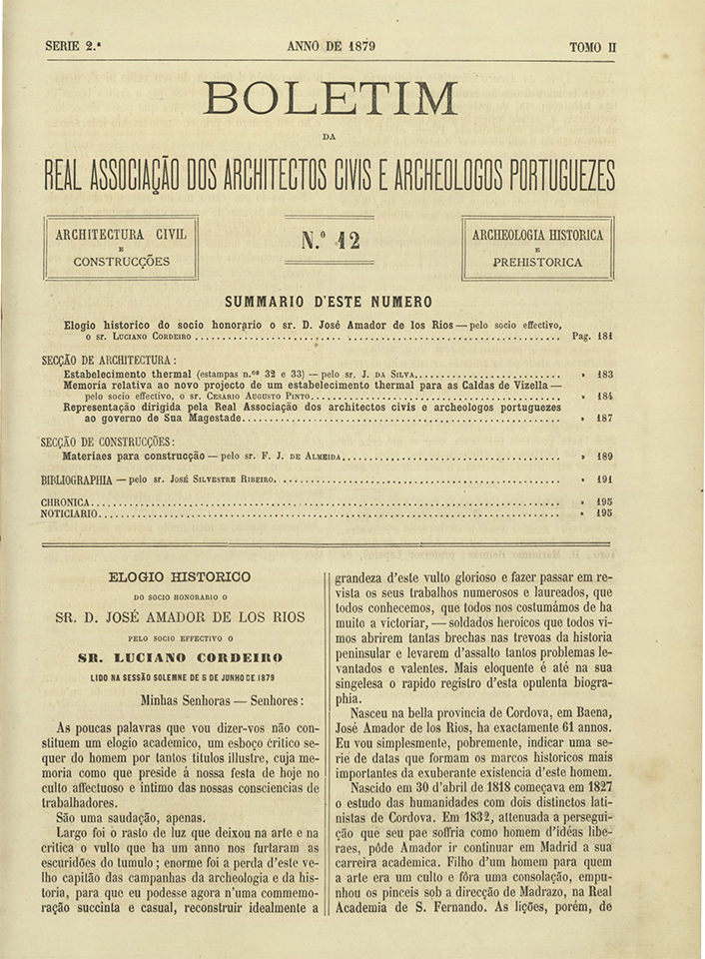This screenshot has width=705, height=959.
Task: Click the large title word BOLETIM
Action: pyautogui.click(x=331, y=98)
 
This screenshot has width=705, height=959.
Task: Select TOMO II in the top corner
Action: pyautogui.click(x=592, y=46)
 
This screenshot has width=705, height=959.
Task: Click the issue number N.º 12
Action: pyautogui.click(x=330, y=241)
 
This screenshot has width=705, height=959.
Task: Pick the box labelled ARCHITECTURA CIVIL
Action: pyautogui.click(x=121, y=248)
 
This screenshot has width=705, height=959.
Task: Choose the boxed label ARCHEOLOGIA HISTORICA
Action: pyautogui.click(x=537, y=248)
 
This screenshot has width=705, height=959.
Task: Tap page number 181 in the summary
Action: pyautogui.click(x=604, y=337)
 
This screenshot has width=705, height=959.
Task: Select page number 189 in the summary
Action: pyautogui.click(x=604, y=456)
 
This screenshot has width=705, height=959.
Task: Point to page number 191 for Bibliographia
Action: pyautogui.click(x=604, y=479)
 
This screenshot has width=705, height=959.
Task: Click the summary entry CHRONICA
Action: pyautogui.click(x=66, y=501)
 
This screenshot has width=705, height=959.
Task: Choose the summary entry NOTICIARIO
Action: pyautogui.click(x=70, y=513)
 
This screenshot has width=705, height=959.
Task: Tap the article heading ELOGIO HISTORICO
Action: pyautogui.click(x=181, y=576)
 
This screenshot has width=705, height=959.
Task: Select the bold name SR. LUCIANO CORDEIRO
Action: pyautogui.click(x=181, y=656)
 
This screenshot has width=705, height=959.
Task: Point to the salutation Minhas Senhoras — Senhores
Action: pyautogui.click(x=223, y=700)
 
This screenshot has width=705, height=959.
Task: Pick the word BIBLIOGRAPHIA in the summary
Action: pyautogui.click(x=77, y=479)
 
